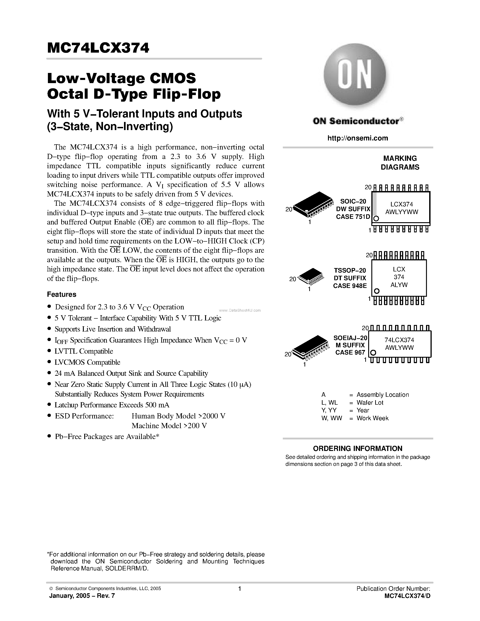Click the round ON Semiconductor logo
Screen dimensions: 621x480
click(355, 75)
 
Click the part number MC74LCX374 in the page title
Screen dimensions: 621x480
click(98, 48)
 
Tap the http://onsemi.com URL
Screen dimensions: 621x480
click(357, 138)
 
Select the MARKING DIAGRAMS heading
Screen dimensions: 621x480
click(400, 163)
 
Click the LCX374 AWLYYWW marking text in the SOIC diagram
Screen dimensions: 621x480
click(402, 208)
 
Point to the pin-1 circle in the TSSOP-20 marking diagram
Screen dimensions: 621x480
click(377, 291)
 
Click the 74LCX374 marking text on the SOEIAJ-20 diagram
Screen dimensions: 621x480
click(399, 340)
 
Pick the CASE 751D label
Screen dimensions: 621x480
click(353, 217)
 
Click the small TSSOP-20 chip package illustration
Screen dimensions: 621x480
click(311, 276)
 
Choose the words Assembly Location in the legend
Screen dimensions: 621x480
click(382, 395)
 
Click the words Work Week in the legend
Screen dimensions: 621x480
click(372, 418)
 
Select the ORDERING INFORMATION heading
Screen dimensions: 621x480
click(357, 449)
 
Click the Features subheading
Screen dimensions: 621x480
click(62, 294)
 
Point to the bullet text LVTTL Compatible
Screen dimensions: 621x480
click(84, 351)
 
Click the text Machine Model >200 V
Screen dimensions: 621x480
click(169, 426)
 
